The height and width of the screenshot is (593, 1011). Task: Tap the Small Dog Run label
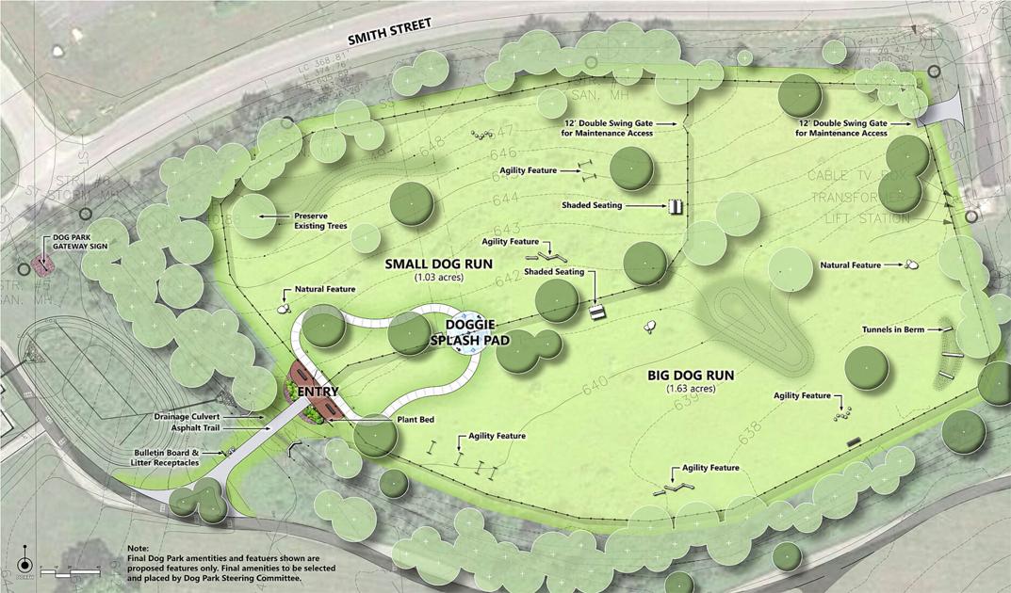pyautogui.click(x=439, y=264)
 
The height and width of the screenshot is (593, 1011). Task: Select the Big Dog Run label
pyautogui.click(x=691, y=375)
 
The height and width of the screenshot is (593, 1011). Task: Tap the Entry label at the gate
pyautogui.click(x=318, y=391)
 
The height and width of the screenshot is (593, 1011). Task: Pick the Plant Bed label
pyautogui.click(x=416, y=419)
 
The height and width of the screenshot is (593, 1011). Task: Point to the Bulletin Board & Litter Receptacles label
pyautogui.click(x=166, y=457)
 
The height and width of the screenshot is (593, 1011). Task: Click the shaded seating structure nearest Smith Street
pyautogui.click(x=676, y=205)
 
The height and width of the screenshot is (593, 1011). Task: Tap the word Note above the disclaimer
pyautogui.click(x=137, y=548)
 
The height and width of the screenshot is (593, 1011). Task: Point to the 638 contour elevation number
pyautogui.click(x=750, y=437)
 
